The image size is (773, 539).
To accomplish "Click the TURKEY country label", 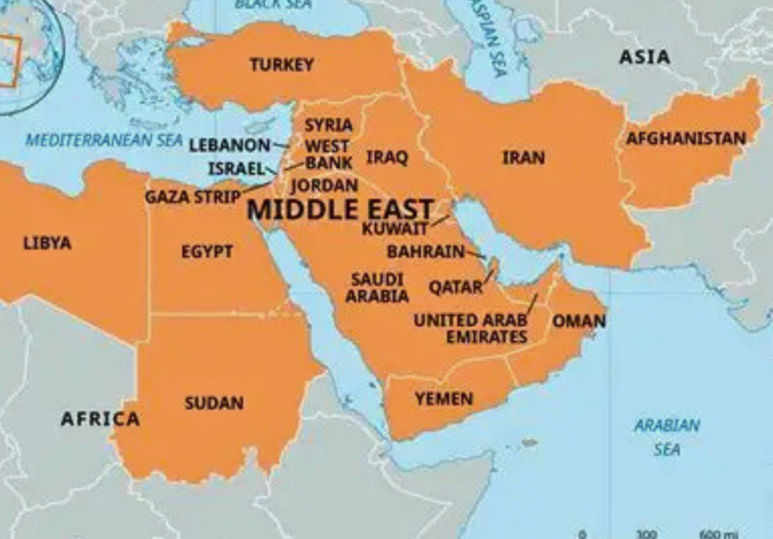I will pos(281,65).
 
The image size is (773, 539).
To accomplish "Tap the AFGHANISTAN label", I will pos(686,139).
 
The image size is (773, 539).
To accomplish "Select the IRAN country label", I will pos(523,157).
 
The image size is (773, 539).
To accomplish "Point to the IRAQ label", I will pos(387,157).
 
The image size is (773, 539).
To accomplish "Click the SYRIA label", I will pos(329,125).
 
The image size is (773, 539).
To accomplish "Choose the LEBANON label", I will pos(230,146).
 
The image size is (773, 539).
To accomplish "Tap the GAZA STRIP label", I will pos(192,197).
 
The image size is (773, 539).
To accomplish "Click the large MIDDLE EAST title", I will pos(340,209).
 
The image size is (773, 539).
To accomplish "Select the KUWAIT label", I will pos(394,228).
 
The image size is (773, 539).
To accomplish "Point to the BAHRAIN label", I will pos(425,251).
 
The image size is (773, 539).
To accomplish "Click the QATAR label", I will pos(455,287).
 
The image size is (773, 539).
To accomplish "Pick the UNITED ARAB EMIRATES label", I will pos(471,328).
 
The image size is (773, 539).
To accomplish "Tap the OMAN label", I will pos(578,322).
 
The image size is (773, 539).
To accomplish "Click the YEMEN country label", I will pos(443,399).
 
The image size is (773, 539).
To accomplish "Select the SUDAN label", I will pos(214,403).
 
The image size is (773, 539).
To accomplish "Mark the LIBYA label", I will pos(47,244).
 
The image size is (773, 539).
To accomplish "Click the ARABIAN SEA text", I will pos(666,437).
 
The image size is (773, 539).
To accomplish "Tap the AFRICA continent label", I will pos(100,419).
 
